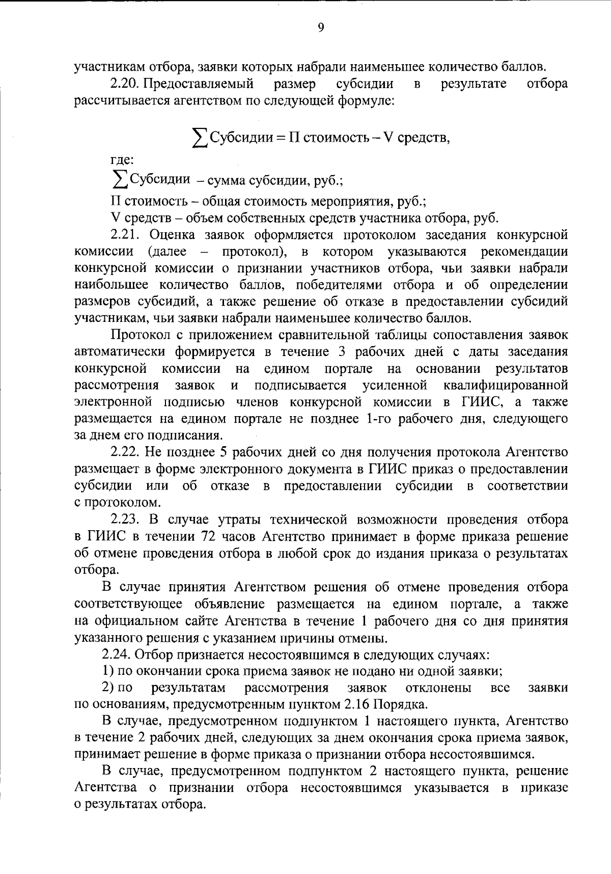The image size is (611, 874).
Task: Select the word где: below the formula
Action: pyautogui.click(x=122, y=160)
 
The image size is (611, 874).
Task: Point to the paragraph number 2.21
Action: pyautogui.click(x=125, y=235)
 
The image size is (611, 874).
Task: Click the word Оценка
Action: pyautogui.click(x=175, y=235)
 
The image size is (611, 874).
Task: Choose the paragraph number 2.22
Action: pyautogui.click(x=125, y=452)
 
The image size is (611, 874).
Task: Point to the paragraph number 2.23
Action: pyautogui.click(x=125, y=520)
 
